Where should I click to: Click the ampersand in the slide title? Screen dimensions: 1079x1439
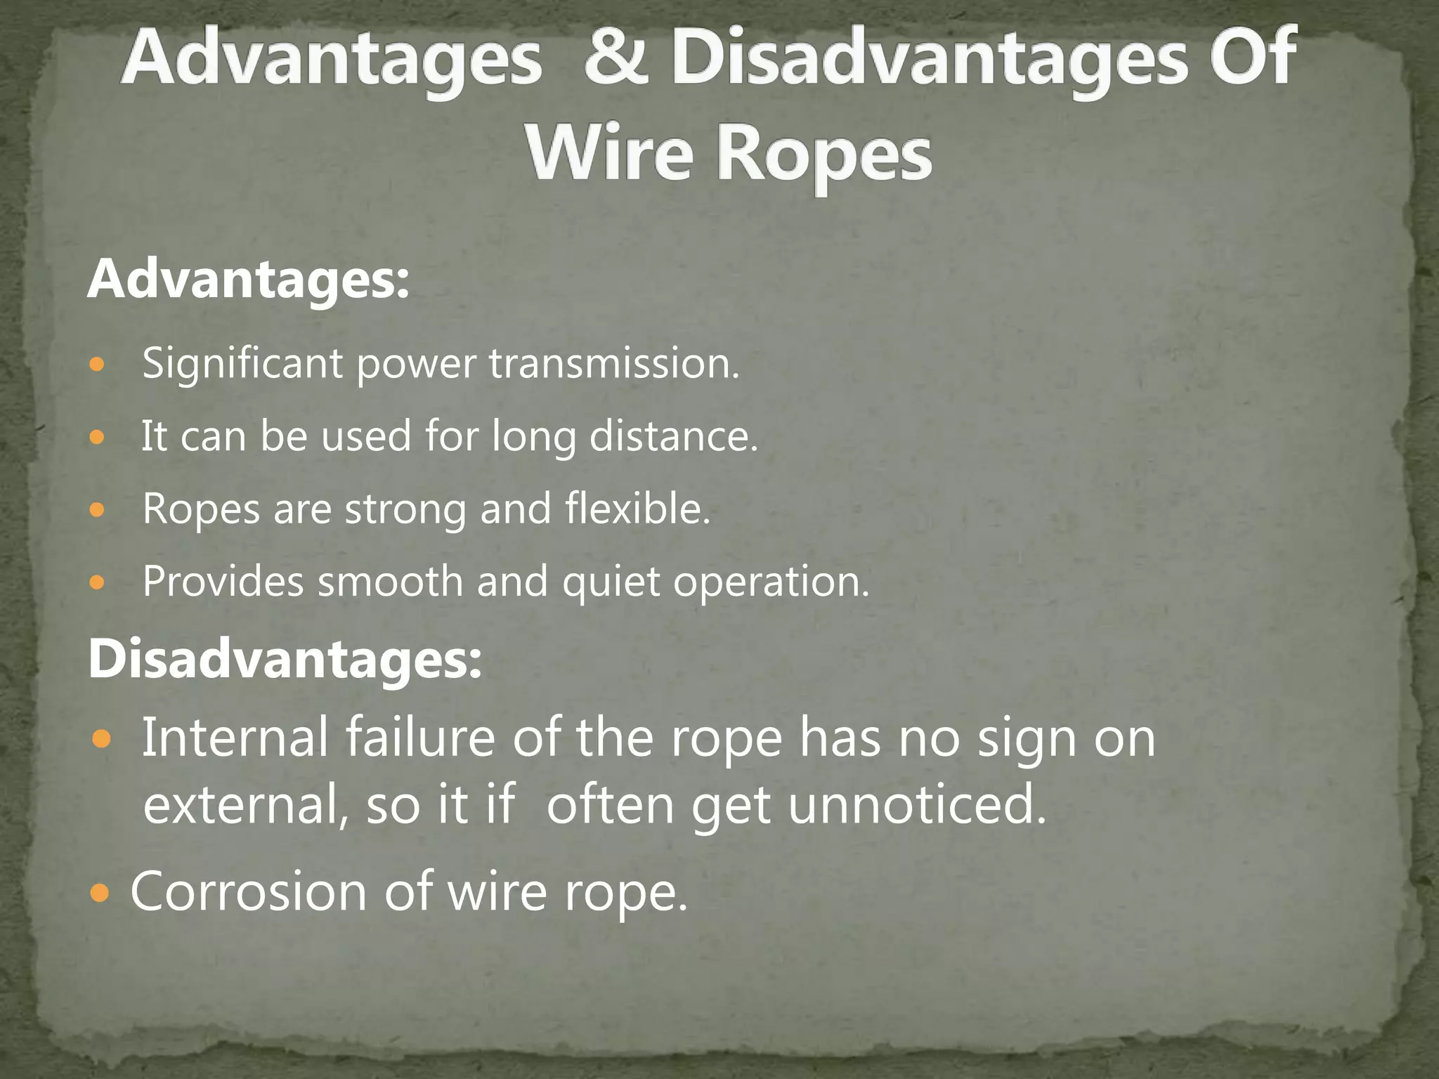(616, 59)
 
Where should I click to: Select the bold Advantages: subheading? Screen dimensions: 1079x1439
(248, 280)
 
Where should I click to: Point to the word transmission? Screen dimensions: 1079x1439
(614, 364)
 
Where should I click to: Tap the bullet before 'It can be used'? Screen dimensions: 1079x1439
(97, 438)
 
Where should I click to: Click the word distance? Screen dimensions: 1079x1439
(673, 436)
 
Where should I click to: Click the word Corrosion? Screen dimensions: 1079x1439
(249, 891)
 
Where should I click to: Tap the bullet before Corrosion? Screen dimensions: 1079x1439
(100, 894)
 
